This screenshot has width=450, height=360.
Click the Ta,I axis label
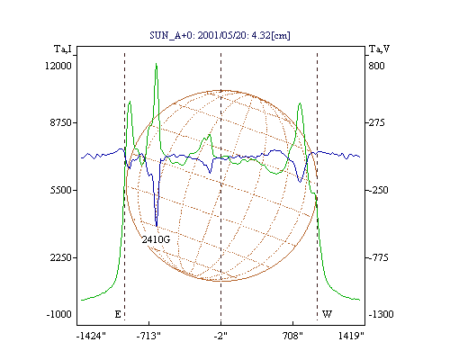(x=63, y=49)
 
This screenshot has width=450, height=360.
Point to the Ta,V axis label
(x=379, y=49)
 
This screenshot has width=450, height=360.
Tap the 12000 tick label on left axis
(x=58, y=66)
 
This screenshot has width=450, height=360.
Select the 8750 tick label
(x=60, y=122)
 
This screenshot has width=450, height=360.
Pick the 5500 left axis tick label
(x=60, y=190)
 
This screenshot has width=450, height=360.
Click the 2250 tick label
(x=60, y=257)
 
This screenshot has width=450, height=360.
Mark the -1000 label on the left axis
(x=58, y=314)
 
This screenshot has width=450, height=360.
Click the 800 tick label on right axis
(x=376, y=66)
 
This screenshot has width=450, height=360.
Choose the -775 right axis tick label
(x=379, y=257)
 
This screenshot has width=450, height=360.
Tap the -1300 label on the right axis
(x=381, y=314)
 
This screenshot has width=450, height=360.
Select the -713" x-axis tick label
(x=148, y=336)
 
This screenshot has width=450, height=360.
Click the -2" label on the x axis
(x=220, y=336)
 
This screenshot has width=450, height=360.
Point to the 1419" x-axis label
(x=351, y=336)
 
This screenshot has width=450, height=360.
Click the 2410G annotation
(x=156, y=239)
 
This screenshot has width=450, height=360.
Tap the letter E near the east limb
(x=118, y=314)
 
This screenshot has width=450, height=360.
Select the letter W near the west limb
(x=327, y=314)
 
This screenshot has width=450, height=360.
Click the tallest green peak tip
(x=156, y=64)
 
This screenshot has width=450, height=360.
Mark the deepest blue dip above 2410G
(x=157, y=226)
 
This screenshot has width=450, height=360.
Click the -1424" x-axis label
(x=91, y=336)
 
